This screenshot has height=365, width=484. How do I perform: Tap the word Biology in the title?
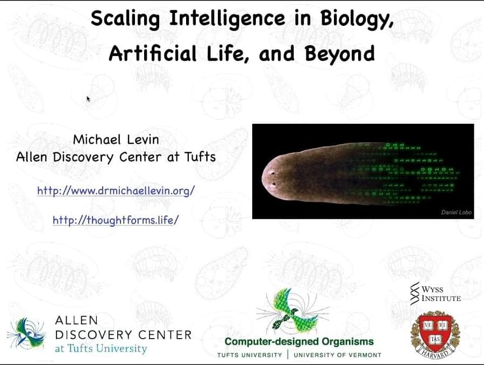click(x=357, y=19)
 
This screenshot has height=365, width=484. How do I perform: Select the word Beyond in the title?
click(x=339, y=53)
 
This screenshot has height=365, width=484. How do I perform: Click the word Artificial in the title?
click(x=153, y=53)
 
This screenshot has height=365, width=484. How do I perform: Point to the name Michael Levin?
click(x=116, y=139)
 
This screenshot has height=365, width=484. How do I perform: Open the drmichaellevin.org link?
click(x=116, y=191)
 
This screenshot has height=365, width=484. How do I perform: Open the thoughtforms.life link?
click(x=116, y=220)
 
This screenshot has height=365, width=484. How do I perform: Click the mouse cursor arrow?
click(x=88, y=99)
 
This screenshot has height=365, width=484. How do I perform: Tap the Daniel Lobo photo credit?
click(x=456, y=212)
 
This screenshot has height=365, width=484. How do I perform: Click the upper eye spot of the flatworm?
click(x=273, y=173)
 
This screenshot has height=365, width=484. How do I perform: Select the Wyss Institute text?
click(x=441, y=293)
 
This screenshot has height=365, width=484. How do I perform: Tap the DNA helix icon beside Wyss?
click(x=415, y=293)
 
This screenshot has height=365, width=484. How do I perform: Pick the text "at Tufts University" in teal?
click(x=101, y=348)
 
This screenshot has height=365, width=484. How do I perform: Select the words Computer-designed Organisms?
click(x=299, y=341)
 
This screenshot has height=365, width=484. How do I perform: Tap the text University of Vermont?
click(x=337, y=355)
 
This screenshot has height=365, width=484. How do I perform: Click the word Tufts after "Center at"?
click(x=200, y=157)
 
